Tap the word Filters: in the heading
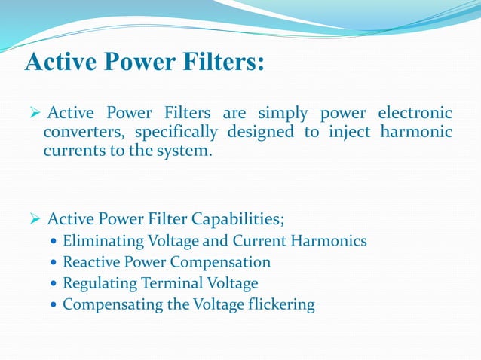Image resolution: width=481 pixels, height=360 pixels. pos(222,62)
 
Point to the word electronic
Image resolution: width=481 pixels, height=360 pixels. pos(413,114)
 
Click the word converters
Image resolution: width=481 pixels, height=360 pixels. pos(85,133)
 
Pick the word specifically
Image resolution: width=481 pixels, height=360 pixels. pos(176,133)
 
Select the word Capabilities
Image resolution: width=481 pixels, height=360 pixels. pos(238,219)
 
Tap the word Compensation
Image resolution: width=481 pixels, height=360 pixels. pos(220,263)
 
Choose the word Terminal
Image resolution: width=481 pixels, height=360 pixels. pos(164,284)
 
